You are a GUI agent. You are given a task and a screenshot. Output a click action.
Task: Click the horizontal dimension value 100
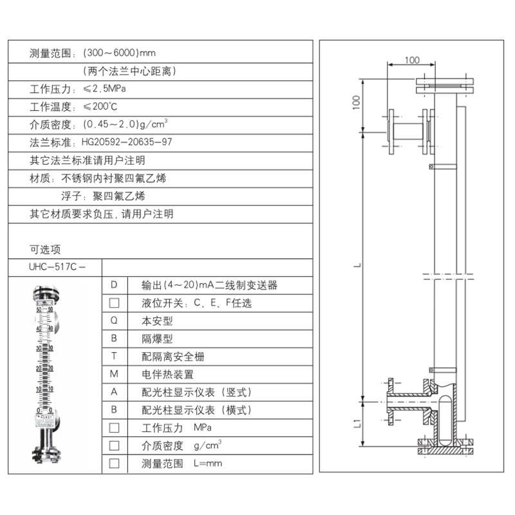click(x=411, y=61)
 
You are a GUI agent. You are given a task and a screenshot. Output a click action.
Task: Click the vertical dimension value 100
click(x=356, y=102)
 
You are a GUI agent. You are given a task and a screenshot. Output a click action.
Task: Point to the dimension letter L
click(x=357, y=265)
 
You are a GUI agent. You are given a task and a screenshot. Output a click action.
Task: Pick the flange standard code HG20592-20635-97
click(x=127, y=142)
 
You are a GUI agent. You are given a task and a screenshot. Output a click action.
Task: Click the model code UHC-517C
click(x=55, y=267)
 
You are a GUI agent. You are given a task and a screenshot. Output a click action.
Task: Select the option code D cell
click(x=114, y=285)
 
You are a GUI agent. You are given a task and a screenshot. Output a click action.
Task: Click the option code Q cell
click(x=114, y=320)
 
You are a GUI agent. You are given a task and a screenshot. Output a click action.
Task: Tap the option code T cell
click(x=114, y=356)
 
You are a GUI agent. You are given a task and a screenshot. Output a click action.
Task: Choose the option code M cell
click(x=114, y=374)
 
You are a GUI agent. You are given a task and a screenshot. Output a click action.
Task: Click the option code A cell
click(x=114, y=392)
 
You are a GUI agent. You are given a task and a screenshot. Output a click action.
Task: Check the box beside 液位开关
click(x=114, y=303)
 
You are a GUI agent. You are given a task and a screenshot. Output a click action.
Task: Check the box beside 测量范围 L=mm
click(x=114, y=463)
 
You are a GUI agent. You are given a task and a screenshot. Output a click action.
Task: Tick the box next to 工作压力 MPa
click(x=114, y=427)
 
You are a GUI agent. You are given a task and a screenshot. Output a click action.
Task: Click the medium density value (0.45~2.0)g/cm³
click(x=126, y=124)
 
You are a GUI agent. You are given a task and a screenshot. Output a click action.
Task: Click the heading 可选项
click(x=45, y=249)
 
